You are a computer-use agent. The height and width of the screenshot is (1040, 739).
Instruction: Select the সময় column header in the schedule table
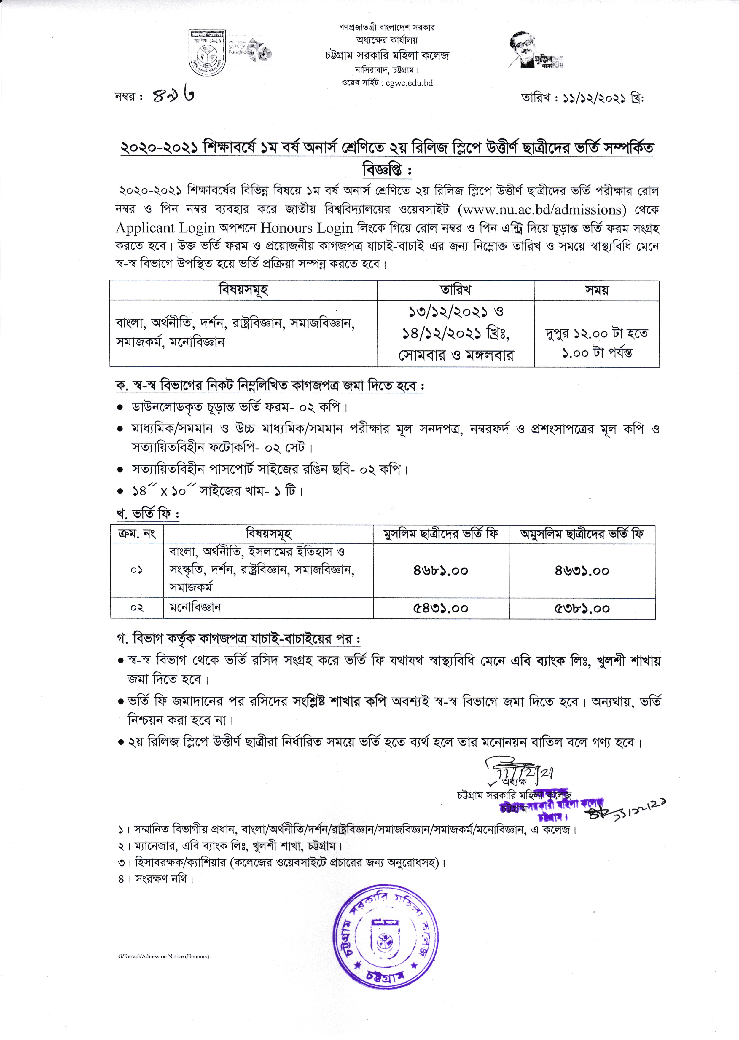click(597, 290)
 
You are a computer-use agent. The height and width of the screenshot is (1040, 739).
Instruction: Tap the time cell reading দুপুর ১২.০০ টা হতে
click(597, 334)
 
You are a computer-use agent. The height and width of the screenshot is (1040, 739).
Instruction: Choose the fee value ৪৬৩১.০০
click(582, 570)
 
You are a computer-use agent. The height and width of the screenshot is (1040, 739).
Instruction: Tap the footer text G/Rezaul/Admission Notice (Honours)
click(163, 956)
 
